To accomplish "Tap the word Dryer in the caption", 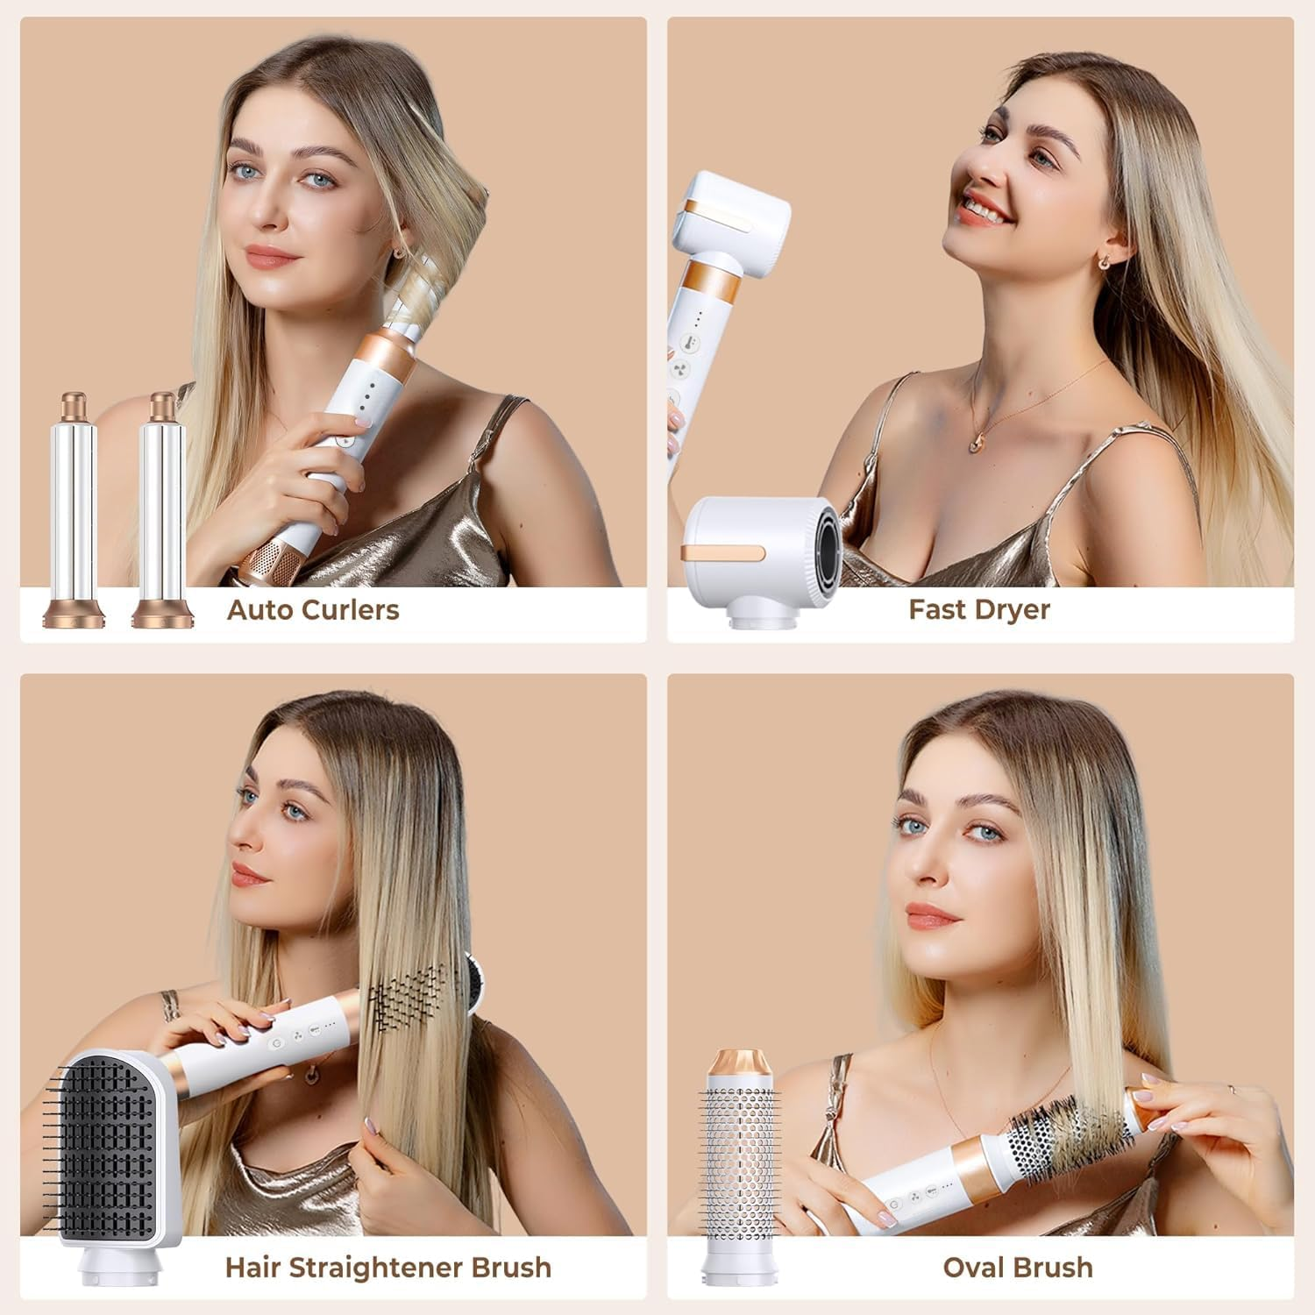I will click(x=1013, y=610).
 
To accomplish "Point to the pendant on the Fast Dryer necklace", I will click(x=976, y=444).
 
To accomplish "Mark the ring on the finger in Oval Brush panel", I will click(x=1232, y=1088).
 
